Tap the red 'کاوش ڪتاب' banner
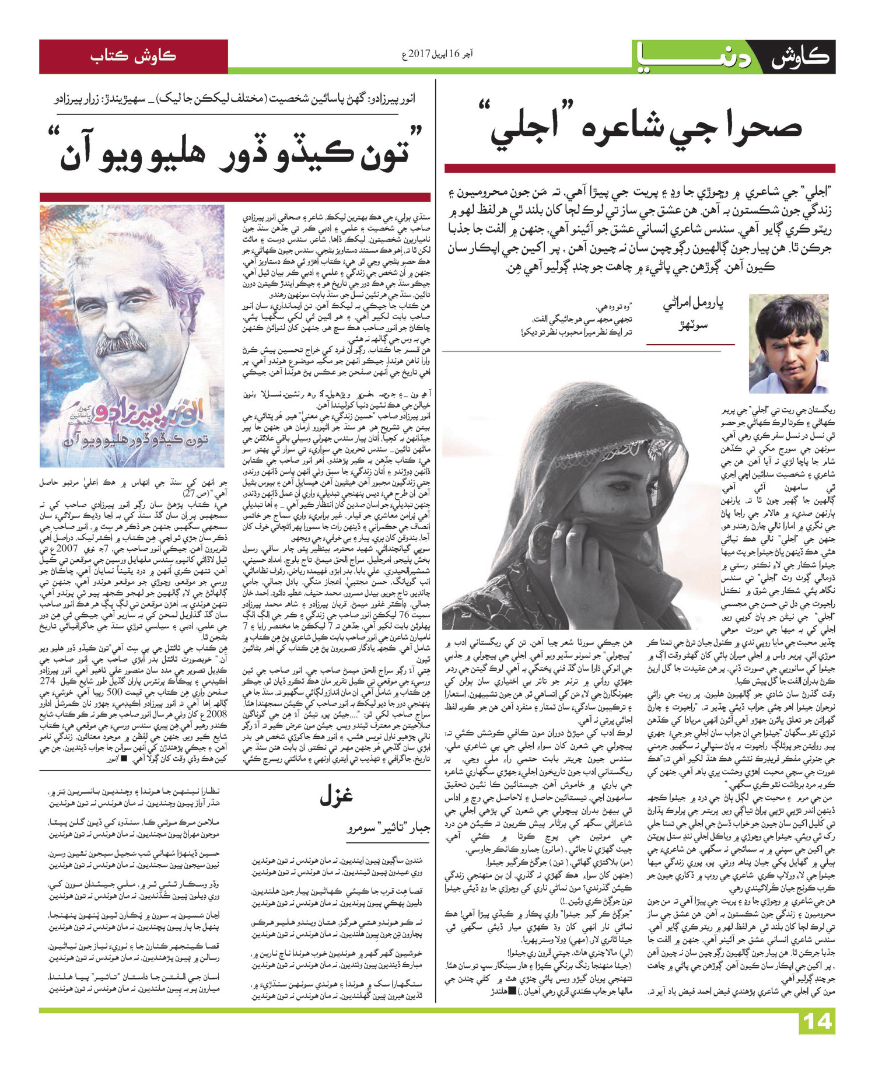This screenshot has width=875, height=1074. tap(133, 57)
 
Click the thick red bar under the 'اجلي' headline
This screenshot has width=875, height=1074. tap(639, 169)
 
